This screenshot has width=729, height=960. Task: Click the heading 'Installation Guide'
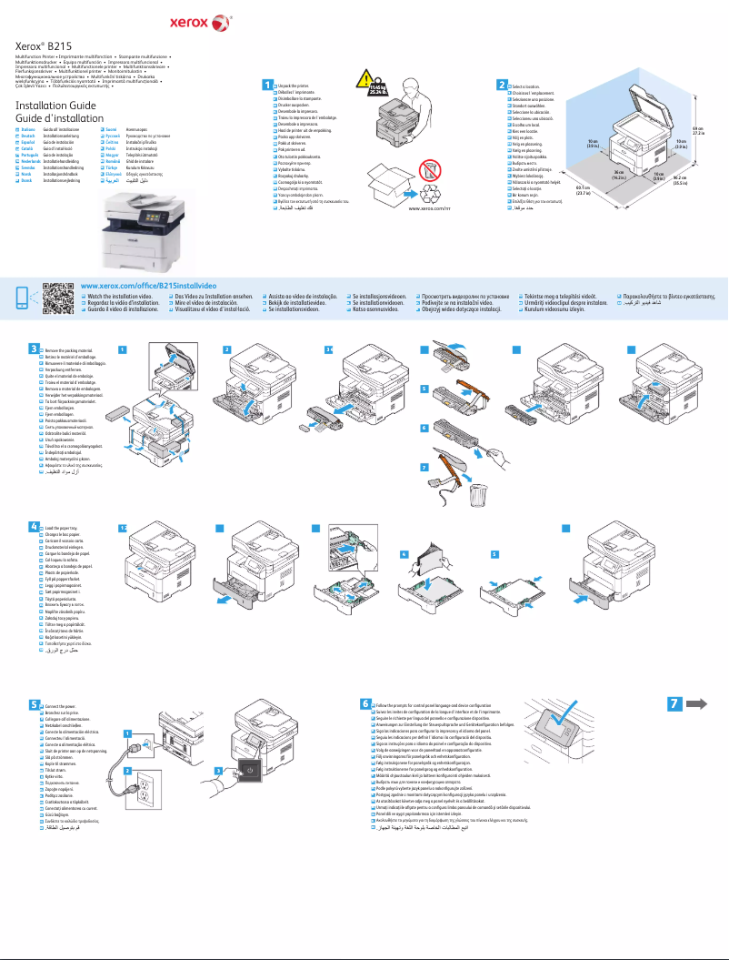tap(55, 106)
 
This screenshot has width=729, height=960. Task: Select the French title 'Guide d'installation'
tap(60, 119)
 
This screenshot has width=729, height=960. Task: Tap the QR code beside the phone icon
tap(58, 298)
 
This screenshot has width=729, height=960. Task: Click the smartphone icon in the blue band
tap(24, 298)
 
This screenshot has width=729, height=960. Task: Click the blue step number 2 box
tap(502, 85)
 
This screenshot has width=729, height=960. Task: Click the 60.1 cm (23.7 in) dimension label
tap(584, 189)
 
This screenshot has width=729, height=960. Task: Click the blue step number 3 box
tap(34, 348)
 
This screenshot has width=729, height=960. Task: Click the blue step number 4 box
tap(34, 526)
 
